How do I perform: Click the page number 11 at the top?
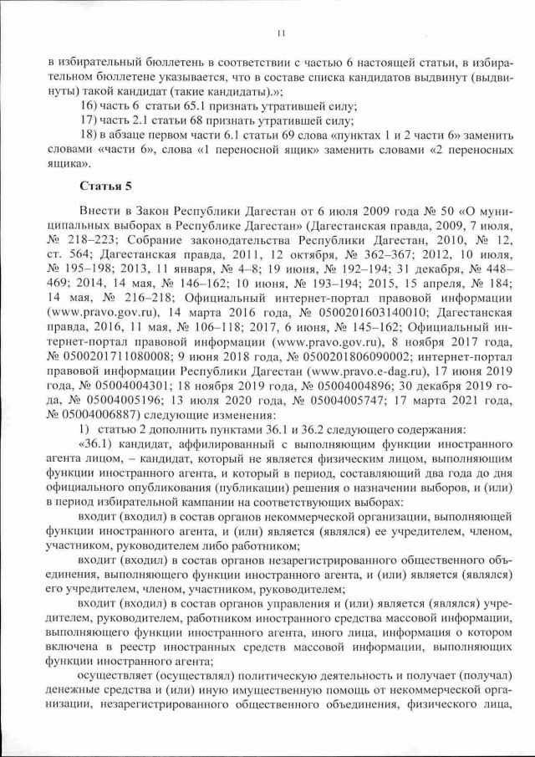pos(279,33)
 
